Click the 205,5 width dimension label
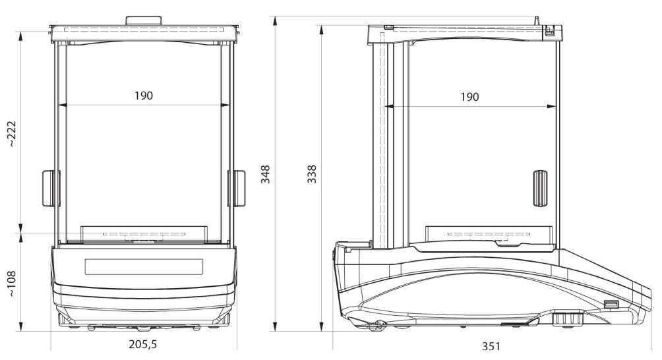(142, 344)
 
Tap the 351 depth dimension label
(491, 347)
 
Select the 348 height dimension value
(265, 174)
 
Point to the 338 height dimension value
(312, 174)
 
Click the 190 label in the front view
(144, 96)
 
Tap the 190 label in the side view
(469, 97)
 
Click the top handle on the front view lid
(144, 20)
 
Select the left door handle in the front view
(51, 188)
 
